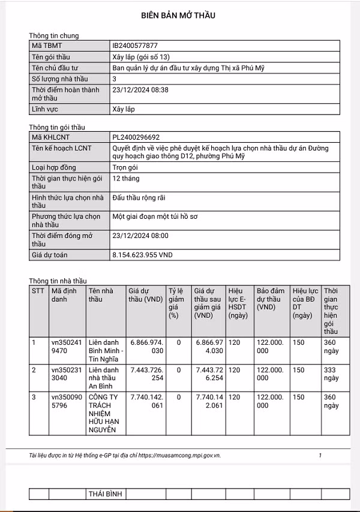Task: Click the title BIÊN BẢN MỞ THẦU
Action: point(178,15)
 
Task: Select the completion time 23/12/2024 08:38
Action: point(140,90)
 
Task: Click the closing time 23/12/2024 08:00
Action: point(140,236)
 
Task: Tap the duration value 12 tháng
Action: point(127,179)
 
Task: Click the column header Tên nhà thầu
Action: point(100,295)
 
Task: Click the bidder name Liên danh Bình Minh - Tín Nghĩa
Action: point(106,350)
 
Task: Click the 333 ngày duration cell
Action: point(331,374)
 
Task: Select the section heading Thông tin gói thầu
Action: point(58,127)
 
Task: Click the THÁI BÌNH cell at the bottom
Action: point(106,493)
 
